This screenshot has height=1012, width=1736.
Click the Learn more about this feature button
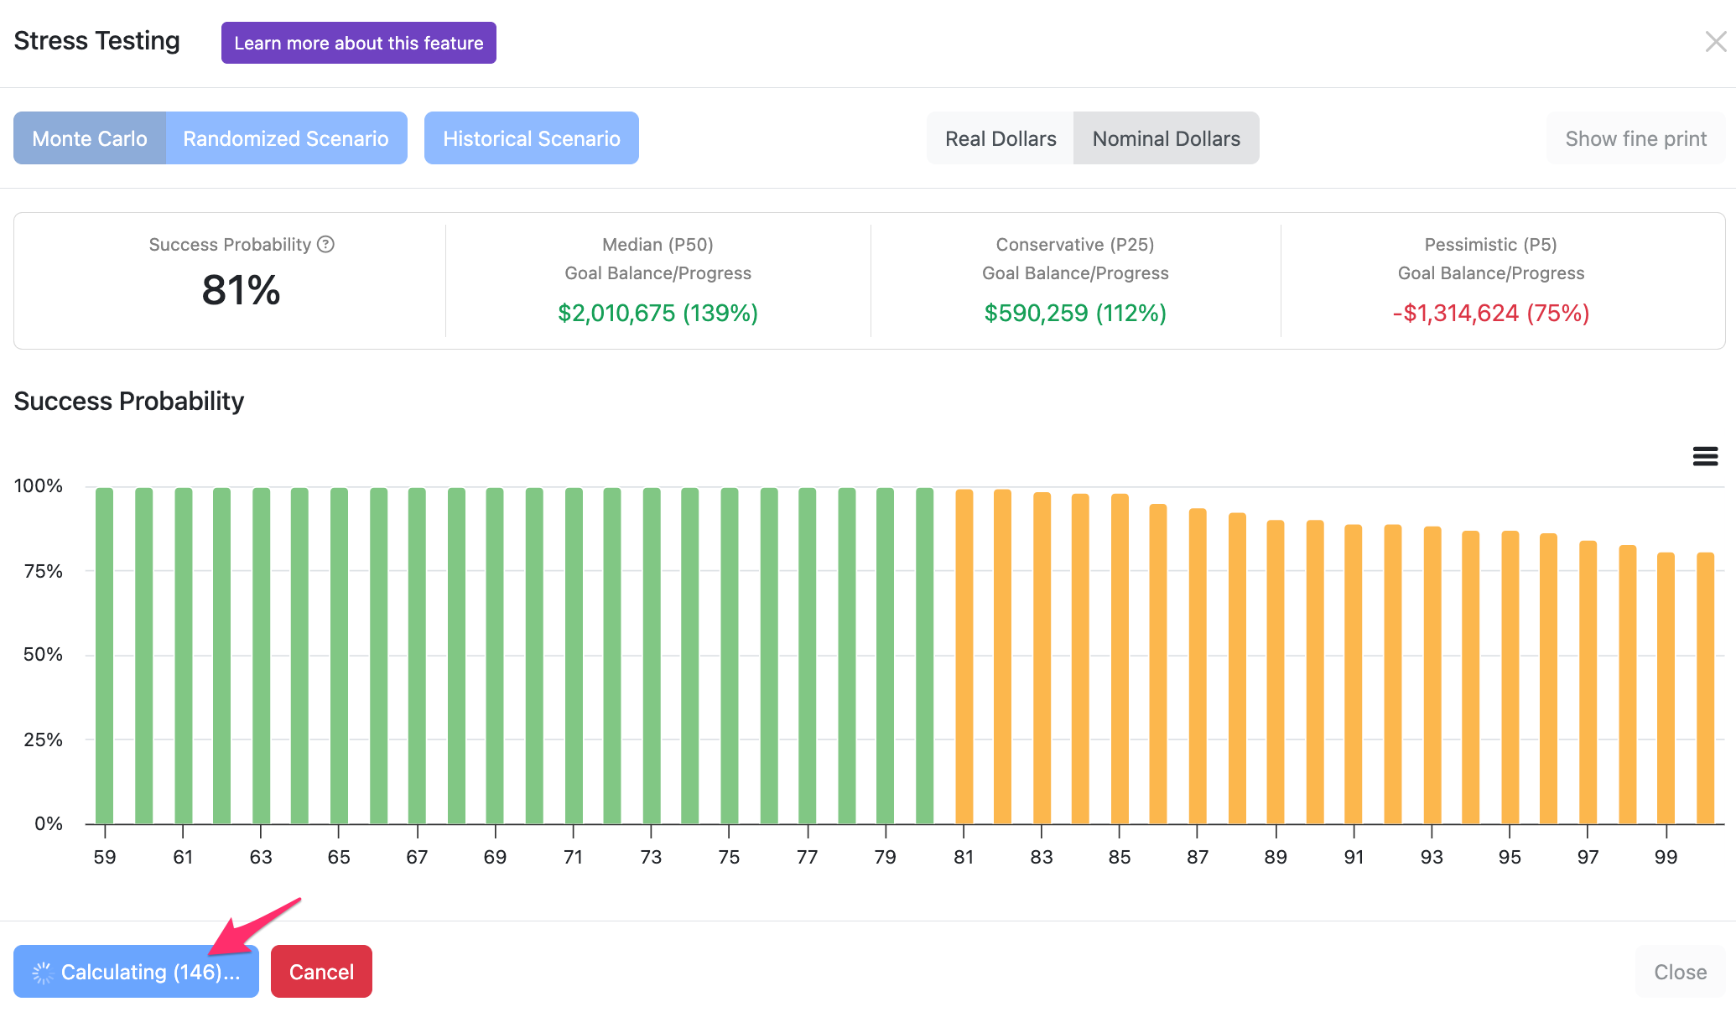pos(359,43)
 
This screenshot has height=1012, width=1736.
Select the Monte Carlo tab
pos(90,138)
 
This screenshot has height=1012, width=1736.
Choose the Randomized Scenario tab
pos(286,138)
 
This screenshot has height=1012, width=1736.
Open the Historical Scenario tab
pos(532,138)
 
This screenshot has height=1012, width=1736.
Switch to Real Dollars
pos(1001,138)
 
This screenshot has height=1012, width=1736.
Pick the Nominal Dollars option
pos(1167,138)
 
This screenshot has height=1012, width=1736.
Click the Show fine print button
pos(1636,138)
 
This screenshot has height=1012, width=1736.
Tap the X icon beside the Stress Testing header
pos(1716,41)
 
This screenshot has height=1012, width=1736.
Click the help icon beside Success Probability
pos(326,244)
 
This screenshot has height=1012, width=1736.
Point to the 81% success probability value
pos(241,290)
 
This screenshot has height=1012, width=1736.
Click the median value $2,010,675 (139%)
pos(658,313)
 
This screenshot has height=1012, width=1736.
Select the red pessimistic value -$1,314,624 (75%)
pos(1491,313)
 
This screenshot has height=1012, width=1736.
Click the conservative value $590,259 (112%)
pos(1075,313)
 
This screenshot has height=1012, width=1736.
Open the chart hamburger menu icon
pos(1705,456)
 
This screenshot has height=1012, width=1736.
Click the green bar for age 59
pos(105,656)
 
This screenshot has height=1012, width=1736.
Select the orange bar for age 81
pos(964,657)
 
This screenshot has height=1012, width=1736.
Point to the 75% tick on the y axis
pos(44,571)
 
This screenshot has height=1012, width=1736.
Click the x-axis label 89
pos(1276,857)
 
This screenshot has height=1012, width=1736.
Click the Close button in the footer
pos(1681,972)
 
